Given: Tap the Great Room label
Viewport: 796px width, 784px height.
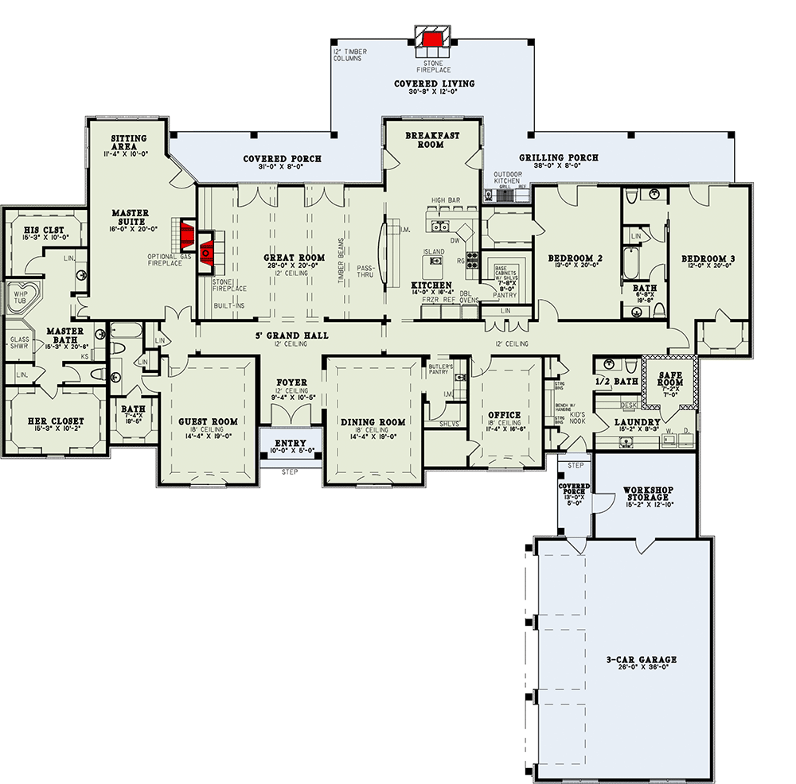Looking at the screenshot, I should pyautogui.click(x=294, y=258).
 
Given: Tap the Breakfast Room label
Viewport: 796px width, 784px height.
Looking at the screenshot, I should pyautogui.click(x=432, y=140).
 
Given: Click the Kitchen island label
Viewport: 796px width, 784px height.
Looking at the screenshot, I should pyautogui.click(x=433, y=250).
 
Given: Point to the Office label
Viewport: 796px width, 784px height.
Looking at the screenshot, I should pyautogui.click(x=504, y=415).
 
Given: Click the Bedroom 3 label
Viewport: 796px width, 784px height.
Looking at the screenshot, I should pyautogui.click(x=708, y=259).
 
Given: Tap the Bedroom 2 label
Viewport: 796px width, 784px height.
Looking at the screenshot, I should pyautogui.click(x=574, y=258).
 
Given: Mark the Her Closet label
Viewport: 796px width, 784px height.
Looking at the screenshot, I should pyautogui.click(x=51, y=421).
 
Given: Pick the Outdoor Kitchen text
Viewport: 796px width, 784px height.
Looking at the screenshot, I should pyautogui.click(x=506, y=177).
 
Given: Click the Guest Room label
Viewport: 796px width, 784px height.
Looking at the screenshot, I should pyautogui.click(x=208, y=421).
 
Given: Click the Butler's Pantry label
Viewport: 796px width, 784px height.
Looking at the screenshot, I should pyautogui.click(x=440, y=368).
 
